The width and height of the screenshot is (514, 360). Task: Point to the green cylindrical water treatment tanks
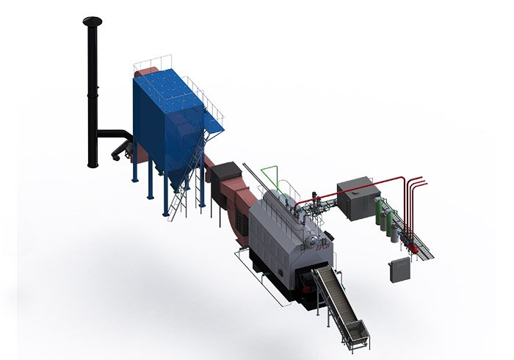383,217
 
